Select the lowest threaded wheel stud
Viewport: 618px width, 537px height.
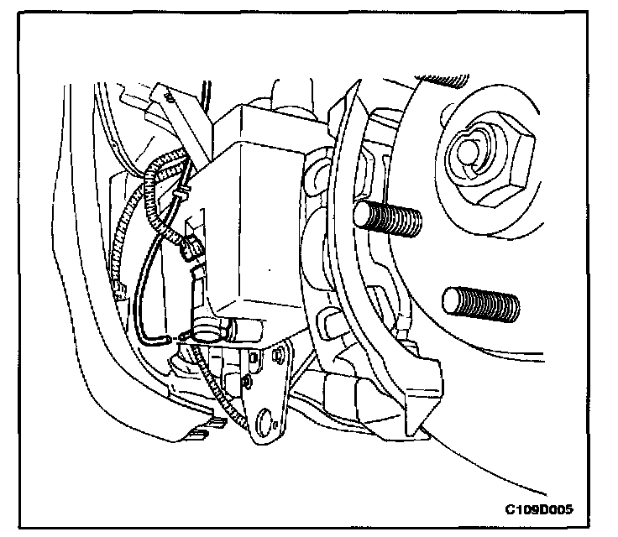[478, 303]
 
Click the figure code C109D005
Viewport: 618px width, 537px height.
[545, 509]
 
